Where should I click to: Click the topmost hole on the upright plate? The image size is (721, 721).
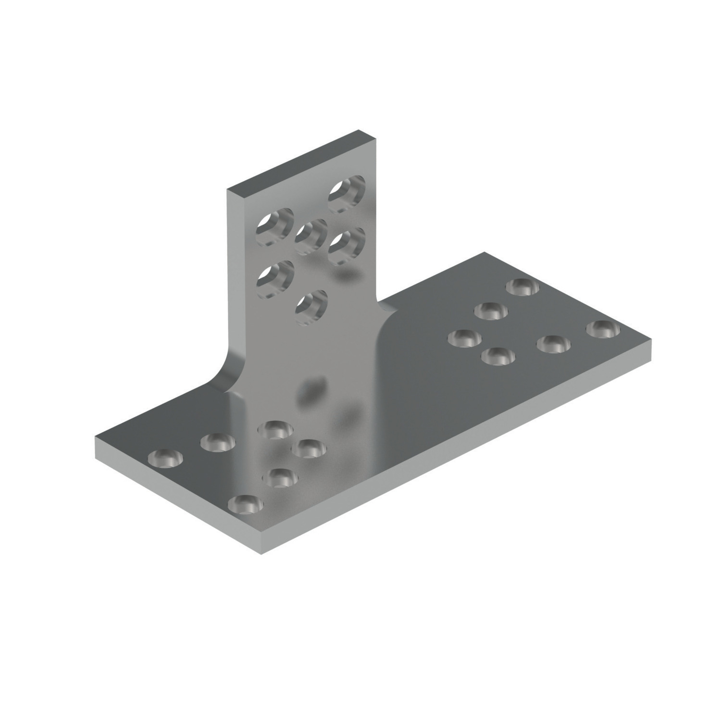tap(346, 194)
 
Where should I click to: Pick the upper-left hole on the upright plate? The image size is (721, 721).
tap(274, 226)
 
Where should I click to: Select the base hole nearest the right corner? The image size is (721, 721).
tap(603, 329)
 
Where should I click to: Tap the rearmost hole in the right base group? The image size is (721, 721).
tap(522, 287)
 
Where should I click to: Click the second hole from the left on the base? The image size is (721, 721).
tap(218, 442)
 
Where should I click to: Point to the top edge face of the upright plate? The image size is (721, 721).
tap(300, 161)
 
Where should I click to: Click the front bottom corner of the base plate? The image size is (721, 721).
tap(261, 553)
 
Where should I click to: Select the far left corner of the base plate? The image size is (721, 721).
tap(96, 438)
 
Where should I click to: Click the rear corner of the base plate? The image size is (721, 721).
tap(484, 252)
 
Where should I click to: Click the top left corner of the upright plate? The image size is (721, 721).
tap(228, 190)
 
